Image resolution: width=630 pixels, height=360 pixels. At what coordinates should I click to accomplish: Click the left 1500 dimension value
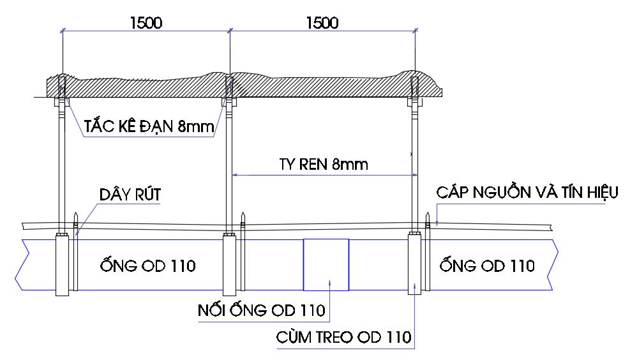tap(146, 24)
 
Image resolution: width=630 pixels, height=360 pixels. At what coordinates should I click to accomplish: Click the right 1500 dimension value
tap(322, 24)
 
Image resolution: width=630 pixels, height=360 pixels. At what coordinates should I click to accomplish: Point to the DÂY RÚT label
tap(130, 195)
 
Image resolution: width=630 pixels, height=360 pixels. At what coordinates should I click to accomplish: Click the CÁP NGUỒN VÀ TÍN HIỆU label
tap(527, 192)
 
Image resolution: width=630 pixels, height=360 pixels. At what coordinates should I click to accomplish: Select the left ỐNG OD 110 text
tap(147, 265)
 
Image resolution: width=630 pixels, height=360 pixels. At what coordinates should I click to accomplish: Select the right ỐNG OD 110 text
tap(487, 265)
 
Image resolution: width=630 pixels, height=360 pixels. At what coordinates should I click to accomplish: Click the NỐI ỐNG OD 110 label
tap(260, 311)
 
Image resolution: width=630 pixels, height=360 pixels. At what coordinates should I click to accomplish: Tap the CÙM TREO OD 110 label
tap(343, 336)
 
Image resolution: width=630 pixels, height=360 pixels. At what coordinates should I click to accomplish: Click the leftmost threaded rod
tap(62, 166)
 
